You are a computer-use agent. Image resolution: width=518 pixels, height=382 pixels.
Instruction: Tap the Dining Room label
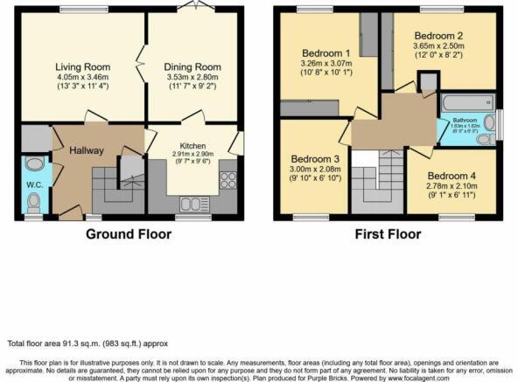[191, 66]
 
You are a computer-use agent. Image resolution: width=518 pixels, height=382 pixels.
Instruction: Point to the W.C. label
[34, 184]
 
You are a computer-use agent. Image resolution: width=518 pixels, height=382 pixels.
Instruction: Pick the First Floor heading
[388, 233]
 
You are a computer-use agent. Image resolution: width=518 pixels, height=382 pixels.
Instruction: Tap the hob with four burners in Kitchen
[228, 179]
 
